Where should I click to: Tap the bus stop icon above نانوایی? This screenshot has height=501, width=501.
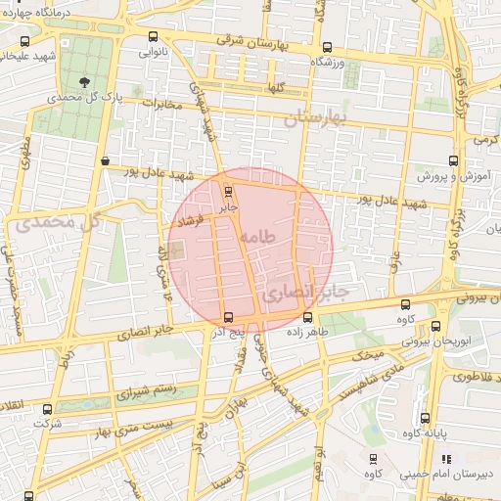pos(152,36)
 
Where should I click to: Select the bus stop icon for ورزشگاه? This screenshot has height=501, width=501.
pos(327,46)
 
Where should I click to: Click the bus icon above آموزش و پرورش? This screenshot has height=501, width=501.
pos(452,161)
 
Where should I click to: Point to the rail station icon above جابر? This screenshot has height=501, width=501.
pos(229,191)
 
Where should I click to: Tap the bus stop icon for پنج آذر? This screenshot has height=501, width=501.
pos(228,316)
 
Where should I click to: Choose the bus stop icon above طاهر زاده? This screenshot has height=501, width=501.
pos(308,316)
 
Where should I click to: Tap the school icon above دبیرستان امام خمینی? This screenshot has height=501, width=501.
pos(446,458)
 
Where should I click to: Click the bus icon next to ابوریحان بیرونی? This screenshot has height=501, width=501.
pos(435,326)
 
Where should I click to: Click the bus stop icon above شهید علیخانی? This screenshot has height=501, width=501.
pos(24,41)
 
